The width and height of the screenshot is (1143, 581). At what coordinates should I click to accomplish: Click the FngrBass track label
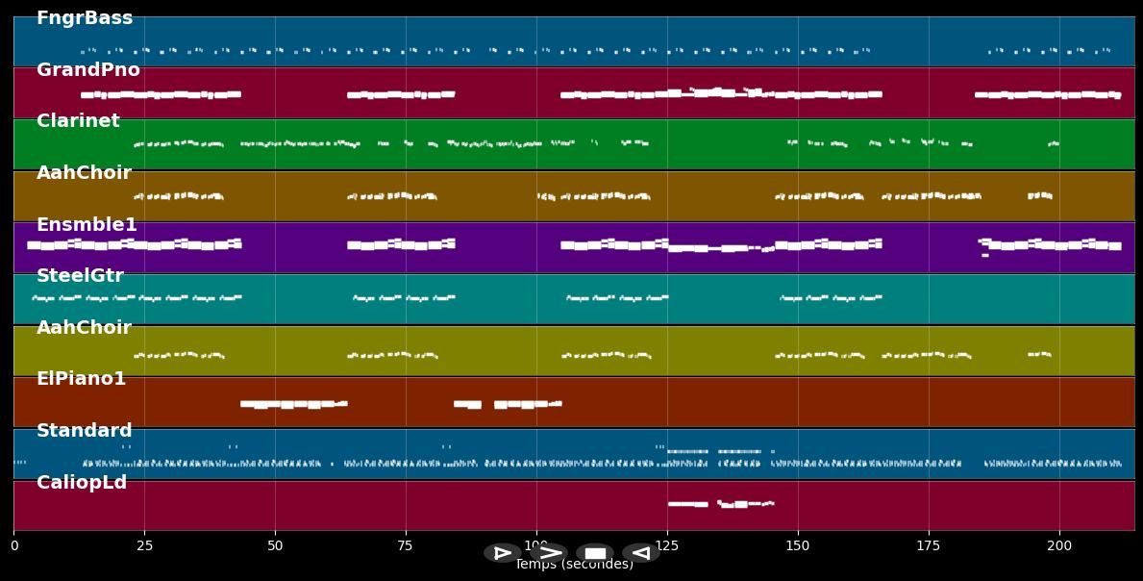pyautogui.click(x=85, y=18)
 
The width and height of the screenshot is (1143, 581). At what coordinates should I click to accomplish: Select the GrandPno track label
pyautogui.click(x=88, y=70)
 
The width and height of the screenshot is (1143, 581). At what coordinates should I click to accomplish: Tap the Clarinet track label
pyautogui.click(x=78, y=121)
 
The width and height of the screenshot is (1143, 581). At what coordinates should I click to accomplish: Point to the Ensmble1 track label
pyautogui.click(x=87, y=225)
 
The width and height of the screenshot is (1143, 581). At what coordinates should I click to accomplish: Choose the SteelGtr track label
pyautogui.click(x=80, y=276)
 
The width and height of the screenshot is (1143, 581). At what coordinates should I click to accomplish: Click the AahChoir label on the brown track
pyautogui.click(x=84, y=173)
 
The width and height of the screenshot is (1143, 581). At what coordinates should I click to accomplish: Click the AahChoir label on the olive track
pyautogui.click(x=84, y=328)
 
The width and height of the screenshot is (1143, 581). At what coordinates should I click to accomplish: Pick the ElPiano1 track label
pyautogui.click(x=81, y=379)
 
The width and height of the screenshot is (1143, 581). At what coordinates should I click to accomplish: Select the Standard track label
pyautogui.click(x=85, y=431)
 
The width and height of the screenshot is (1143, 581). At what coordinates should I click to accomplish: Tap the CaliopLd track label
pyautogui.click(x=82, y=483)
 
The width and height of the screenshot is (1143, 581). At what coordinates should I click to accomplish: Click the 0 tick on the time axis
pyautogui.click(x=13, y=545)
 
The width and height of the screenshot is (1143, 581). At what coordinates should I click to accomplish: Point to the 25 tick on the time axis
pyautogui.click(x=144, y=545)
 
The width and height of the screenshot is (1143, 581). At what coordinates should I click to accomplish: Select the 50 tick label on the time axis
pyautogui.click(x=275, y=545)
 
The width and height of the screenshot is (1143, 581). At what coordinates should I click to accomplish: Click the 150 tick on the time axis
pyautogui.click(x=798, y=545)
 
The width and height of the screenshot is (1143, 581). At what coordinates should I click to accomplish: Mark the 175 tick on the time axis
pyautogui.click(x=929, y=545)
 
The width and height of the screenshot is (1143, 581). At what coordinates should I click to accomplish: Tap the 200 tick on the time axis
pyautogui.click(x=1059, y=545)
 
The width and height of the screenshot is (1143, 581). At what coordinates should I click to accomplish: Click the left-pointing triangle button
pyautogui.click(x=640, y=553)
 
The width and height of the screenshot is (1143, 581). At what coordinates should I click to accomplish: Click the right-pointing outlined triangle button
pyautogui.click(x=502, y=553)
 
